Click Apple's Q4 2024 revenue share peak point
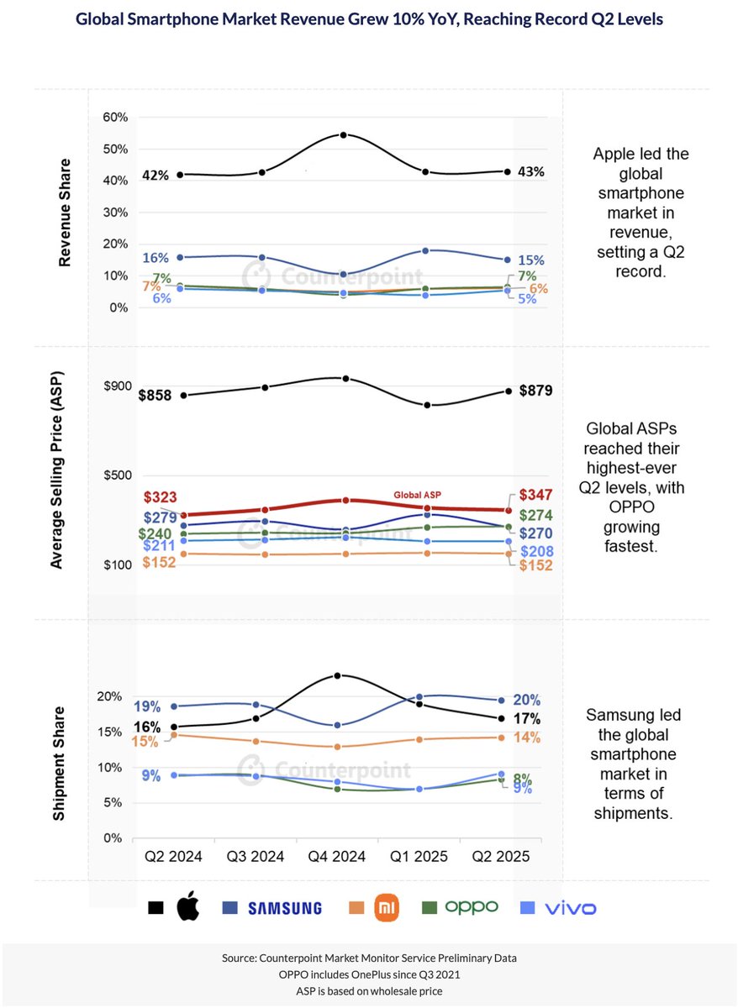pos(344,134)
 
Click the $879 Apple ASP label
pos(535,390)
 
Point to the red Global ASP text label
pos(418,495)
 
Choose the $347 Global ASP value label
pos(535,495)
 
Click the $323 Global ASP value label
pos(160,497)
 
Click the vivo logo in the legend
pos(569,907)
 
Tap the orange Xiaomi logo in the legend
pos(385,907)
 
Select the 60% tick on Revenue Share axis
pos(114,118)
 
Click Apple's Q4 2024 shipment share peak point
pos(337,675)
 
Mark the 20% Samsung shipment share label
pos(527,700)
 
